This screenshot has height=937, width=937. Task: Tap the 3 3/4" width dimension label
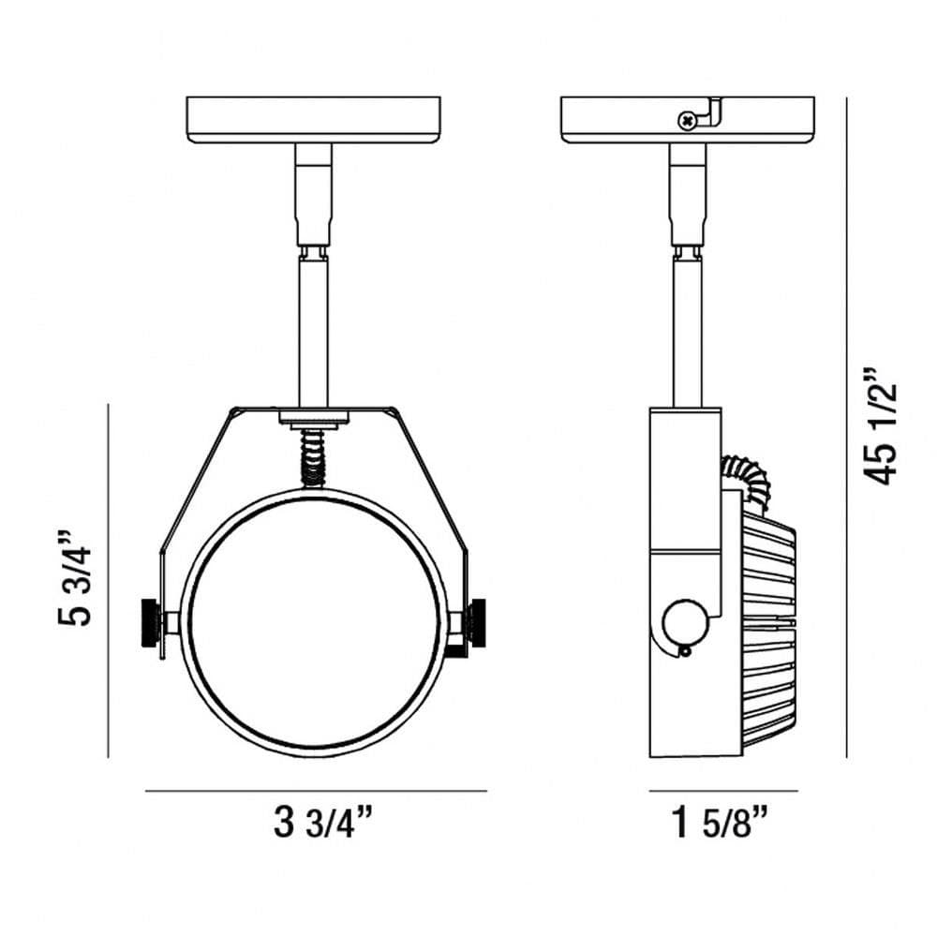[x=323, y=823]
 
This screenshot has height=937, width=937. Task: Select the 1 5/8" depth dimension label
[x=720, y=823]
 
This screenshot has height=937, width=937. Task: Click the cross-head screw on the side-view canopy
[x=687, y=121]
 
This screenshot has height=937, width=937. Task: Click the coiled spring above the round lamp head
[x=313, y=459]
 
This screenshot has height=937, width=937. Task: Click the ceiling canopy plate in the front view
[x=314, y=120]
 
